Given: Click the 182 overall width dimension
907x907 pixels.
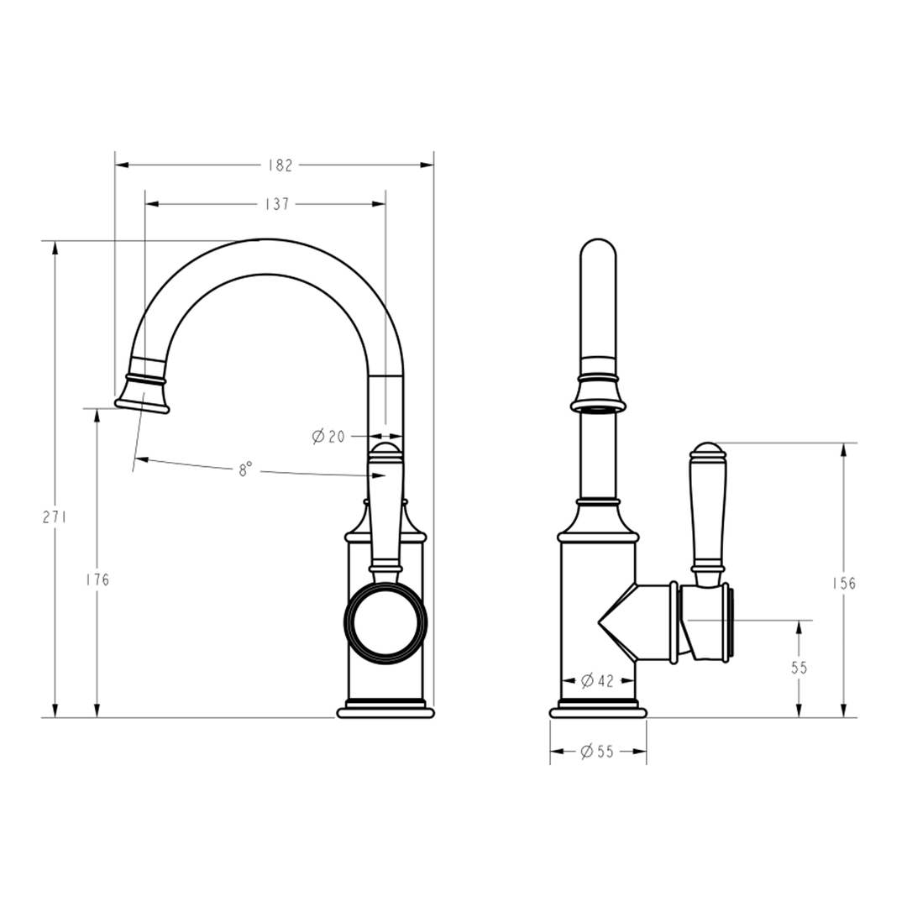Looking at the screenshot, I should (x=280, y=165).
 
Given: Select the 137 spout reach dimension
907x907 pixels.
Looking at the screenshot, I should (x=278, y=204).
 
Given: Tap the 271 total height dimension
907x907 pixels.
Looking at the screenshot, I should (x=55, y=517).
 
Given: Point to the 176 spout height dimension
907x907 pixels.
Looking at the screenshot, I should (x=97, y=579).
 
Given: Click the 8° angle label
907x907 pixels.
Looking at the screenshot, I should (x=244, y=470).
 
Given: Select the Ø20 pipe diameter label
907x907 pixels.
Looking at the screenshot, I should (x=328, y=436).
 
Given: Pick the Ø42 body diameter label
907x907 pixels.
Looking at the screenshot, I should (x=597, y=680).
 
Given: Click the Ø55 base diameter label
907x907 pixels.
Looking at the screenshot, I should (x=597, y=752).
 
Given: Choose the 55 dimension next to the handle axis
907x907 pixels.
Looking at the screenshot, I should (x=799, y=668).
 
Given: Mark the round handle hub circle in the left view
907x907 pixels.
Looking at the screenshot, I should (x=385, y=622).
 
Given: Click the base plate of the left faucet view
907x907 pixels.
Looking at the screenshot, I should (x=385, y=713).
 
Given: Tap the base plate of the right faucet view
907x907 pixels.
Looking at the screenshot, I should (x=598, y=713).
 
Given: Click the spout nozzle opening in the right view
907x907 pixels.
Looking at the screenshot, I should (x=598, y=409).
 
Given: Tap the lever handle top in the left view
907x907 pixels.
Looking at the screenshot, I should (x=385, y=453).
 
